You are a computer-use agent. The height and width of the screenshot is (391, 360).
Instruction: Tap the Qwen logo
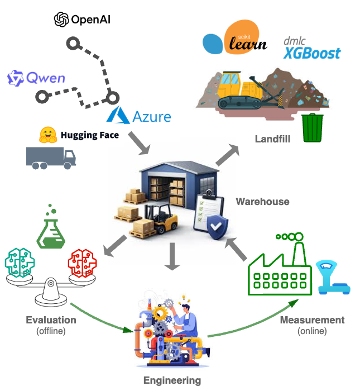36,78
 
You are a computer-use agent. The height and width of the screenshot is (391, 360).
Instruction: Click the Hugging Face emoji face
48,135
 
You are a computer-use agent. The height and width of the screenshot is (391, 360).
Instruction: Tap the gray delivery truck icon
51,158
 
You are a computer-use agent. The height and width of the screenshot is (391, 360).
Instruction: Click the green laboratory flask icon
51,229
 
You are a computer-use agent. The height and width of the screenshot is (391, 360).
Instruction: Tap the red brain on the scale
82,263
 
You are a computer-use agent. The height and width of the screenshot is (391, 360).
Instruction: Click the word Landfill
272,139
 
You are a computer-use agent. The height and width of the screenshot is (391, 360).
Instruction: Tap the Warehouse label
263,202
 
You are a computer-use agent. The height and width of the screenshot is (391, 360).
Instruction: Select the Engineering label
172,380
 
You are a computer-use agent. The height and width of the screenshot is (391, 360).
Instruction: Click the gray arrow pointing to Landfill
227,155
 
